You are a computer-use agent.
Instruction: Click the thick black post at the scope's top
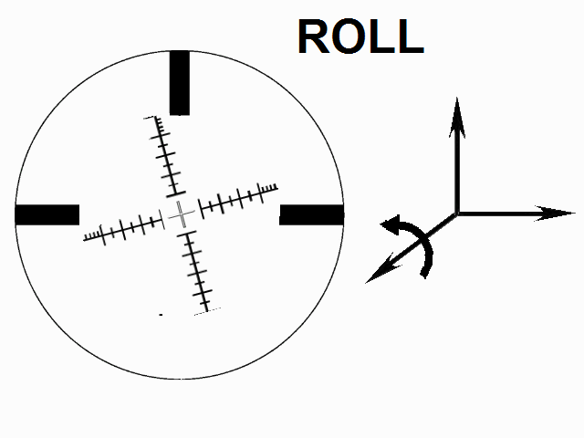[180, 82]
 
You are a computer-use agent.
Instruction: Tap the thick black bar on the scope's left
[47, 214]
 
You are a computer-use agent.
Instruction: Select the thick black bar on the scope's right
[311, 214]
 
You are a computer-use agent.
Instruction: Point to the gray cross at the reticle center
[181, 214]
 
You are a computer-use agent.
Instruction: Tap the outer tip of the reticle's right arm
[275, 187]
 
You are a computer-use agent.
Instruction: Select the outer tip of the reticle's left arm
[86, 239]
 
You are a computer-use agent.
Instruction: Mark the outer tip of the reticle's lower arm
[209, 310]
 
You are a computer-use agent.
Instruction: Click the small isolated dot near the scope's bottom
[161, 315]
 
